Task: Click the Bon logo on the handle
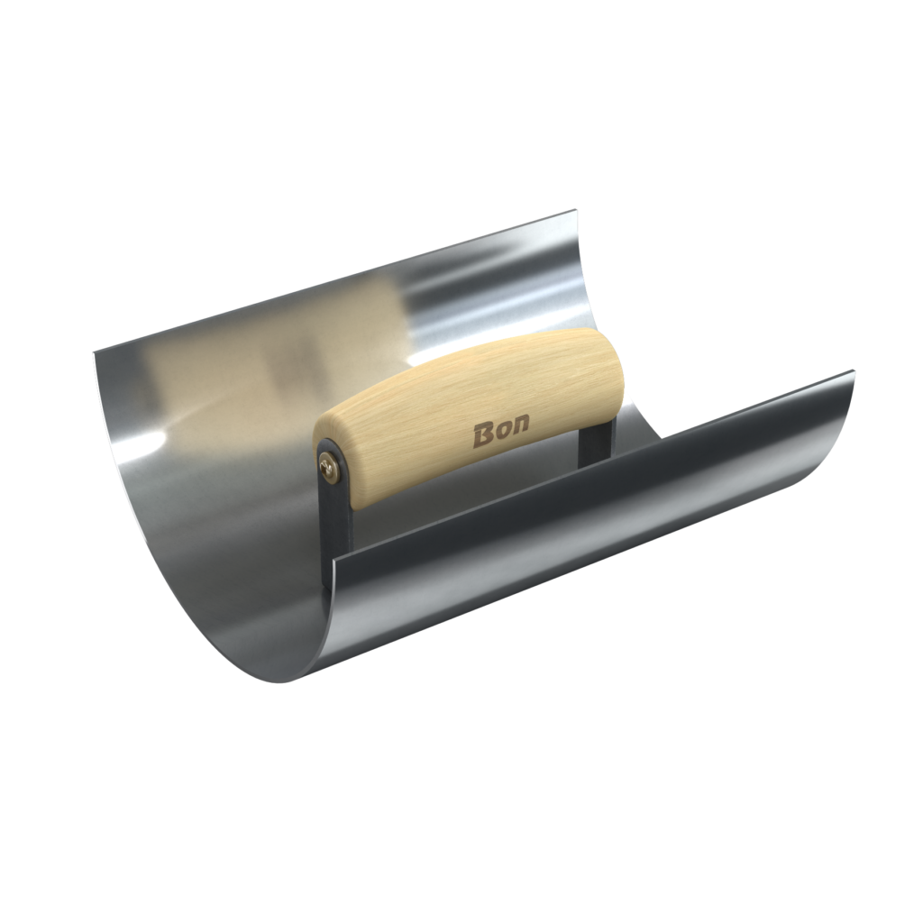[x=501, y=432]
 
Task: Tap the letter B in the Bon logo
[x=484, y=435]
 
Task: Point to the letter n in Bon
[x=520, y=425]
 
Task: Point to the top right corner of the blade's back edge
[x=573, y=209]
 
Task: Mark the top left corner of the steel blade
[x=94, y=352]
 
